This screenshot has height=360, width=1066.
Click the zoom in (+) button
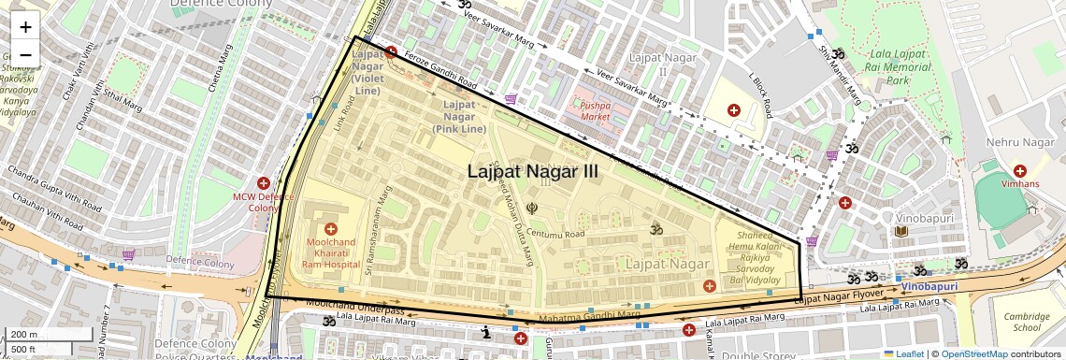click(25, 27)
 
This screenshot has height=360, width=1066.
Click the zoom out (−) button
click(25, 54)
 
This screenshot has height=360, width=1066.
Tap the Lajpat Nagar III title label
click(532, 172)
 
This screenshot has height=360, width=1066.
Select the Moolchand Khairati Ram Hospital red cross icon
click(330, 229)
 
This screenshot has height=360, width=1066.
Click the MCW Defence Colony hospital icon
click(264, 183)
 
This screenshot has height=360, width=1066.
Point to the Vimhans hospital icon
click(1019, 171)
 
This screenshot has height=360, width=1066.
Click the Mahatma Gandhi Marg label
click(590, 316)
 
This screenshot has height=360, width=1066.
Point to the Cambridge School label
click(1025, 322)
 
